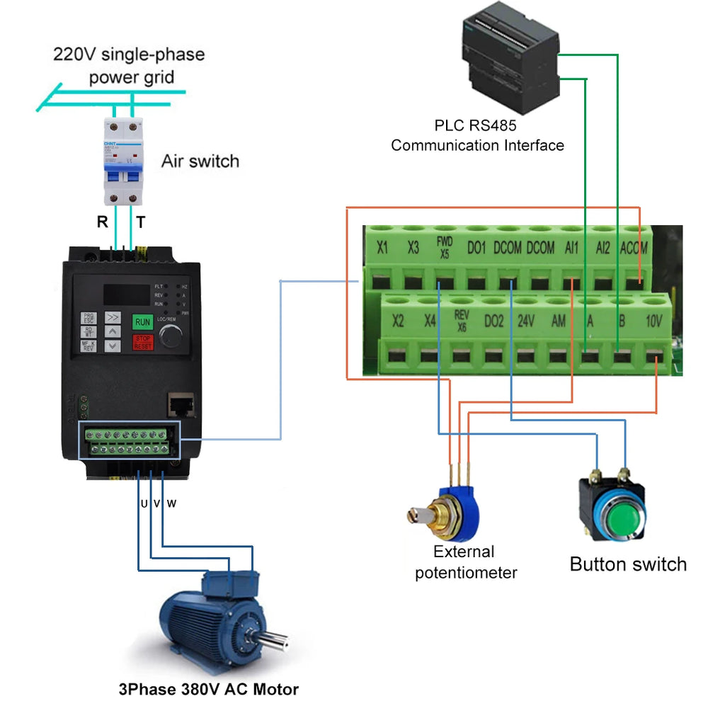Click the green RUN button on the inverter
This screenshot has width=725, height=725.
[142, 321]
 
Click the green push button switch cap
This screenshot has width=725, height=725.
[611, 512]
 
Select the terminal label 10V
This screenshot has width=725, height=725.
[654, 321]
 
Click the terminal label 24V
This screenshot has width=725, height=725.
[525, 321]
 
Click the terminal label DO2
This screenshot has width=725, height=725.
[493, 321]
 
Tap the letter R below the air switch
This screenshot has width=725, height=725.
[103, 222]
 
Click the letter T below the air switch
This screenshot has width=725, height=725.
[141, 222]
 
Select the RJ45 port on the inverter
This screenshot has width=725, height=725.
[180, 405]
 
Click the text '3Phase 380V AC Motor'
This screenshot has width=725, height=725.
[208, 689]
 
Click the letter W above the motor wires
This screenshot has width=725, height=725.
[171, 504]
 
